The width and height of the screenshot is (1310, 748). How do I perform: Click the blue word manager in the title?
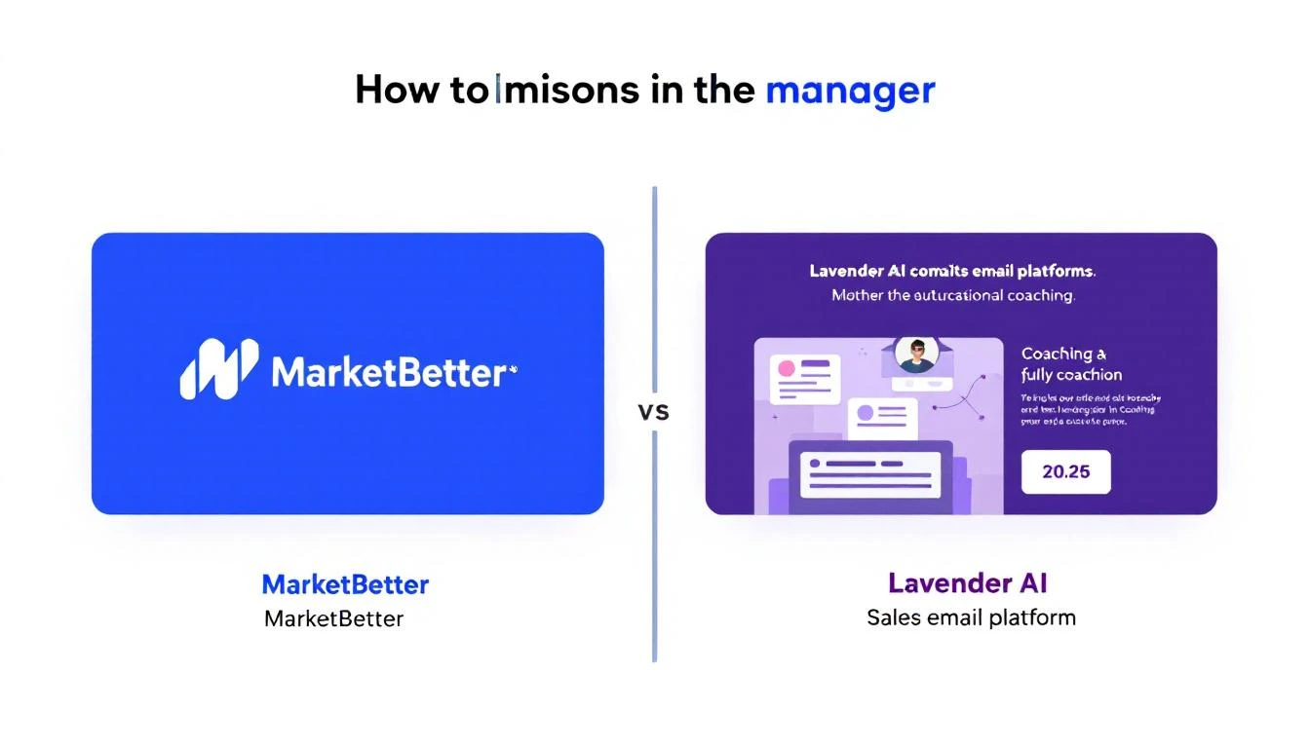click(850, 91)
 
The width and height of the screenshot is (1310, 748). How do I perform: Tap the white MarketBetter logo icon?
click(219, 369)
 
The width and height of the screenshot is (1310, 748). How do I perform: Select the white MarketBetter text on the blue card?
click(390, 372)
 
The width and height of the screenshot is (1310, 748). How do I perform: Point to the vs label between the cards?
click(653, 412)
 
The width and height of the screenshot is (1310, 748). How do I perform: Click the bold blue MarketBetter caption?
click(345, 584)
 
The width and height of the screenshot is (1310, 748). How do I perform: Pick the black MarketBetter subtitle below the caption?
click(333, 617)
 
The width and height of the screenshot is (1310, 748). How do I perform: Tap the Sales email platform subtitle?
click(971, 617)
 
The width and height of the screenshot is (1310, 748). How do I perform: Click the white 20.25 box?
click(1065, 472)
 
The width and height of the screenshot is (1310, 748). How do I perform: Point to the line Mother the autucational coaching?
click(952, 295)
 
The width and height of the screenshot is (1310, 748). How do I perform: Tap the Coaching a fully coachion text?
click(1070, 364)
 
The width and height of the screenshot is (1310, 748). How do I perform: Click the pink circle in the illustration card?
click(783, 370)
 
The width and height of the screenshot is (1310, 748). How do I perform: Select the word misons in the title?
click(569, 91)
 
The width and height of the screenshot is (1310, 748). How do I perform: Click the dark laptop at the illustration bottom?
click(870, 477)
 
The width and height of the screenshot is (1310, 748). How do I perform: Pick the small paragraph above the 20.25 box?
click(1090, 410)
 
